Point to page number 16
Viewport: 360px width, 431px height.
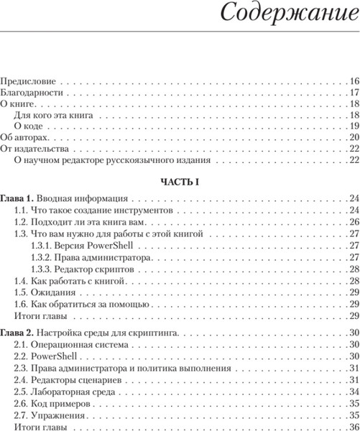tap(354, 81)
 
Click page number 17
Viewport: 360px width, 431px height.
tap(354, 93)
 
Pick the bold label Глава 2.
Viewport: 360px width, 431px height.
tap(17, 331)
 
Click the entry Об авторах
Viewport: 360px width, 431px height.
tap(26, 136)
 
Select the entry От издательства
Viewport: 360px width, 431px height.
tap(34, 148)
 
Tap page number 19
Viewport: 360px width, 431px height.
tap(354, 126)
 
